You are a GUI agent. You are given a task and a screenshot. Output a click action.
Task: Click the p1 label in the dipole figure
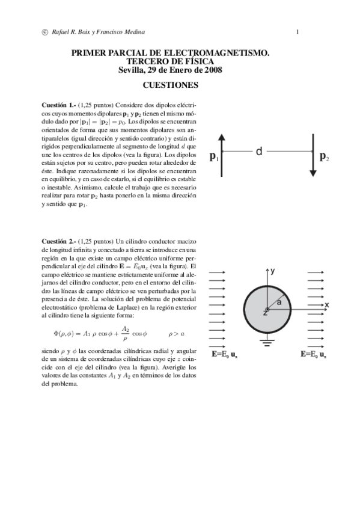[x=213, y=158]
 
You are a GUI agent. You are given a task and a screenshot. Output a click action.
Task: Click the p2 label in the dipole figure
[x=323, y=158]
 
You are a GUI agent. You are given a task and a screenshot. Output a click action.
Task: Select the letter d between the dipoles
[x=259, y=152]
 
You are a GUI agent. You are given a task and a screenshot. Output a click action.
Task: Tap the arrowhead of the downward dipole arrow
[x=313, y=173]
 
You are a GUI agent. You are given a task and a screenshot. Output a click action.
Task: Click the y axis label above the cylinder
[x=273, y=271]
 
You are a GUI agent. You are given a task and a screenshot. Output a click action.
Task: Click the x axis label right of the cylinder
[x=327, y=306]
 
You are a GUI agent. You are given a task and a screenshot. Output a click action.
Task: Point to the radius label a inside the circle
[x=279, y=302]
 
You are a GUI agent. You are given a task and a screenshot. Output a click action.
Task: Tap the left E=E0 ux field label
[x=227, y=355]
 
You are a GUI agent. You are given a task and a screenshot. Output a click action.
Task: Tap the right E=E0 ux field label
[x=314, y=355]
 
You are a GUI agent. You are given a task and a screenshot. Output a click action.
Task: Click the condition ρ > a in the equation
[x=176, y=333]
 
